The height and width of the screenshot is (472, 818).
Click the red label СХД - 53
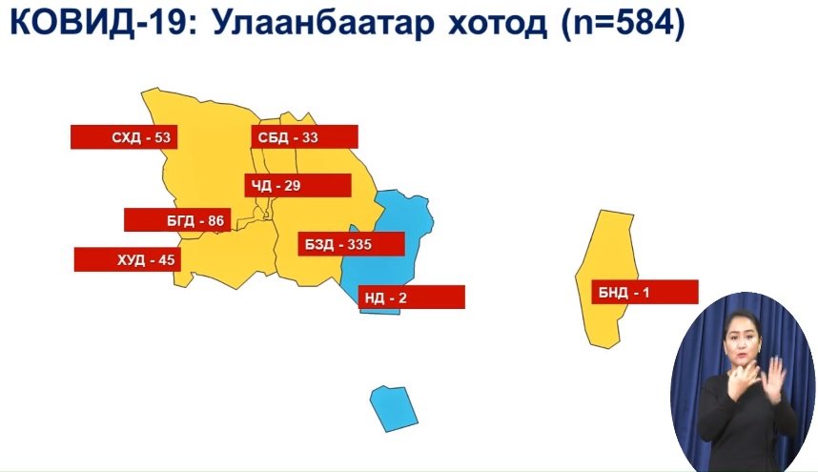point(124,137)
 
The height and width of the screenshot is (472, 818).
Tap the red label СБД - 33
point(305,137)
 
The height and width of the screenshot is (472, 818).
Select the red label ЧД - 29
point(297,186)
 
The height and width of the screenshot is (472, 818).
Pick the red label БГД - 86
point(177,220)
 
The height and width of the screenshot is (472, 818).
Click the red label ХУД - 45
point(128,259)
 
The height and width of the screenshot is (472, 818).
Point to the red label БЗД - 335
point(352,244)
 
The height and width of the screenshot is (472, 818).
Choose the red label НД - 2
point(412,298)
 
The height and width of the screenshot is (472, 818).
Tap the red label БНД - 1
point(644,292)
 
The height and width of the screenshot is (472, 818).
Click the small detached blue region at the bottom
point(394,409)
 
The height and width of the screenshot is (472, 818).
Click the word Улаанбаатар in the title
point(323,23)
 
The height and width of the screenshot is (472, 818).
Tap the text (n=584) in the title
point(623,24)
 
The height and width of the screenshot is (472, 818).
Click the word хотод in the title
point(498,25)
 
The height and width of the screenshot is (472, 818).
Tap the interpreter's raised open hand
point(772,380)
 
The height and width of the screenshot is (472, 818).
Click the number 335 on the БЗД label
point(359,244)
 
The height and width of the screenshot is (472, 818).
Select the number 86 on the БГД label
point(216,220)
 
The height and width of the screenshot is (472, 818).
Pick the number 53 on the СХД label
point(162,137)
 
